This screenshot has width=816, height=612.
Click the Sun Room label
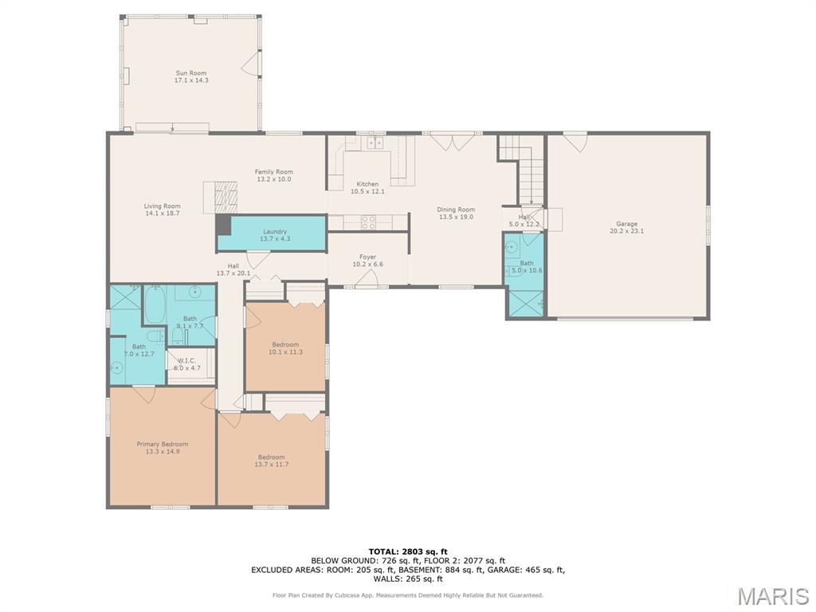point(191,73)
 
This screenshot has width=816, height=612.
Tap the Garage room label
point(626,224)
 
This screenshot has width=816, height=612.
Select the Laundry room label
point(275,232)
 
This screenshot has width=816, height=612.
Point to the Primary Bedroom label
point(163,444)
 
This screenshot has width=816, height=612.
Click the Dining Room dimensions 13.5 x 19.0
point(456,217)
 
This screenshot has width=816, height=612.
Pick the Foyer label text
point(367,257)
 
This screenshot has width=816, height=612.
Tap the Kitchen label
point(367,184)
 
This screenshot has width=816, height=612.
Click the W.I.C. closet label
point(186,361)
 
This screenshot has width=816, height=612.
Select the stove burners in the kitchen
point(368,222)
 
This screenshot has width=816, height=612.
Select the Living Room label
point(163,206)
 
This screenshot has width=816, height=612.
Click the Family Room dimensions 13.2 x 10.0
point(274,179)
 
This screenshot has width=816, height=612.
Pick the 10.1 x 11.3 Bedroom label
point(285,344)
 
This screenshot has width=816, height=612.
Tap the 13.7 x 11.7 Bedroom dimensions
point(271,465)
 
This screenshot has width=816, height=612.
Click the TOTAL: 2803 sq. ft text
point(408,551)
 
